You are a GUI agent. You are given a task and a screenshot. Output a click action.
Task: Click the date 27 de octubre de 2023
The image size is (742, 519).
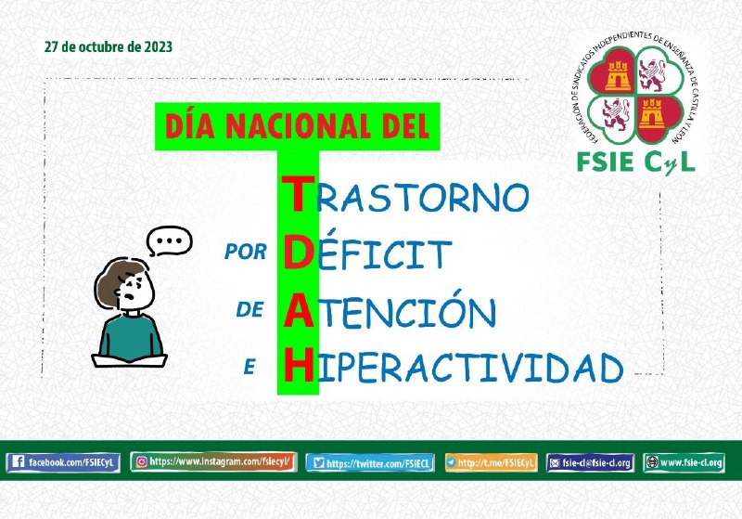(109, 46)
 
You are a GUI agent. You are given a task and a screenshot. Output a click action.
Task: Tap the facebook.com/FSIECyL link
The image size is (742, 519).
(63, 462)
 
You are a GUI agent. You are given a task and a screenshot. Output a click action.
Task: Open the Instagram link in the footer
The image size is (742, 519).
(214, 461)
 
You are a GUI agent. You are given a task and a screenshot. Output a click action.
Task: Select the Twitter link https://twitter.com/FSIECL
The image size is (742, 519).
(370, 462)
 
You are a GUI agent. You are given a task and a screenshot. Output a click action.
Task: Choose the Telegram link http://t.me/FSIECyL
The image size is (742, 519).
(492, 462)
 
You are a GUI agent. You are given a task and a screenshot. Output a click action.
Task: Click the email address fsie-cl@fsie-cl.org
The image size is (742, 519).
(590, 462)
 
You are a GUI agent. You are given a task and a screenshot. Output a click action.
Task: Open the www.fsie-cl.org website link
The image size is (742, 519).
(684, 462)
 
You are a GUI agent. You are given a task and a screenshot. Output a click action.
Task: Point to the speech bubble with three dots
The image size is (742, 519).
(169, 240)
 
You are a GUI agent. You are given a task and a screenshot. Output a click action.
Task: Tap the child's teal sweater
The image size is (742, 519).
(130, 337)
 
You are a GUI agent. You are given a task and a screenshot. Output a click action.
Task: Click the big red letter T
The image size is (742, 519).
(298, 193)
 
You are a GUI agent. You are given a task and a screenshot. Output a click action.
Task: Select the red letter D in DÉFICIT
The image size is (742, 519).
(299, 253)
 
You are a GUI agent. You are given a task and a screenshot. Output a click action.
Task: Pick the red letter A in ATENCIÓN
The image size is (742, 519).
(299, 310)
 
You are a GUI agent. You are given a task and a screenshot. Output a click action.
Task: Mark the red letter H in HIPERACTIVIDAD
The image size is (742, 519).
(299, 364)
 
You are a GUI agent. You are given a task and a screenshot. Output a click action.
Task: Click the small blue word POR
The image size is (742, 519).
(246, 252)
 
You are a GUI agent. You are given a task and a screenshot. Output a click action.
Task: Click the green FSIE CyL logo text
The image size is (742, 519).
(635, 162)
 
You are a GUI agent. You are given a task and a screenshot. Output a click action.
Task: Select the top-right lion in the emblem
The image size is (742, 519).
(653, 75)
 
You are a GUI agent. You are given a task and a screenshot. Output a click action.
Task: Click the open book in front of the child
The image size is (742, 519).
(129, 360)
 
